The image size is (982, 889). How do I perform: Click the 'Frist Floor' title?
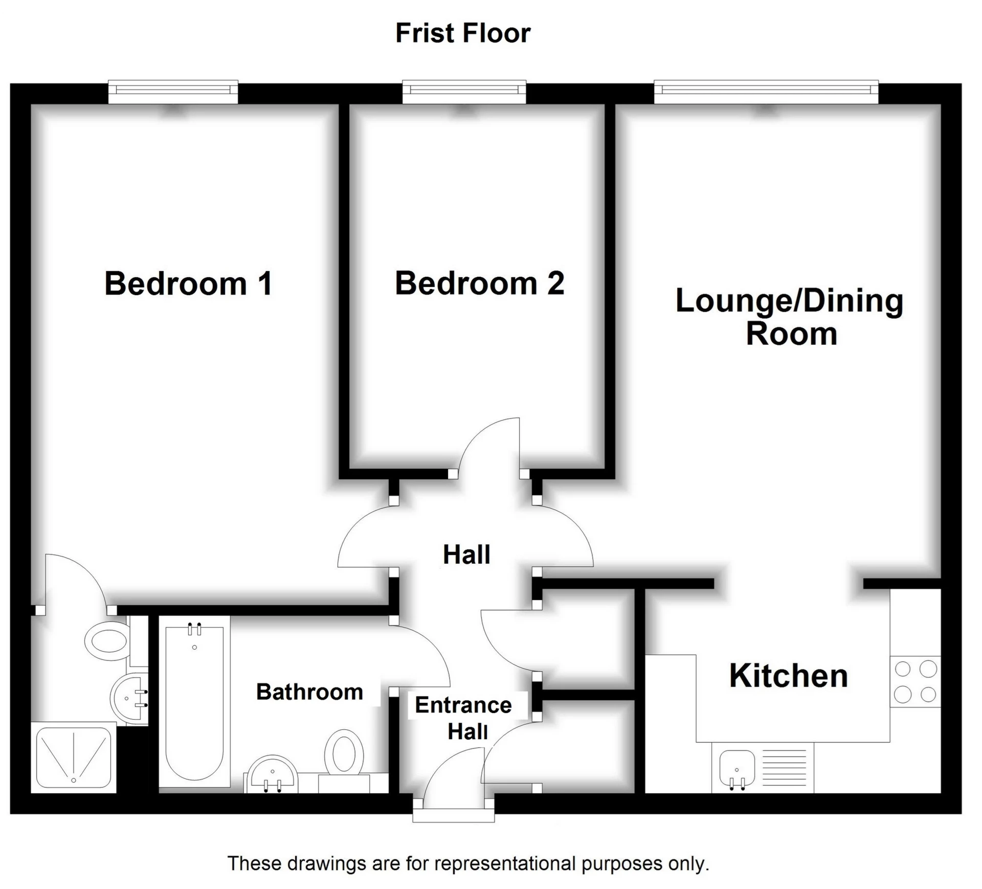point(463,33)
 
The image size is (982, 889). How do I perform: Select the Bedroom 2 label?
point(479,283)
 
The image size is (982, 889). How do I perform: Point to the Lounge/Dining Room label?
point(790,317)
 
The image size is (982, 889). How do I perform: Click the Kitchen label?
point(788,676)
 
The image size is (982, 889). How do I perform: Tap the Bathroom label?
point(309,692)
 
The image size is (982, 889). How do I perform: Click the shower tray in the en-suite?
point(73,757)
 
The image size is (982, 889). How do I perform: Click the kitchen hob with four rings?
point(915,681)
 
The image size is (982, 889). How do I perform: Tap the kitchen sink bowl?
point(736,768)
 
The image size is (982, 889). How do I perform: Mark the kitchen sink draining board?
point(784,768)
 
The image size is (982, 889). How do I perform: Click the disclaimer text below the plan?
point(468,863)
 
